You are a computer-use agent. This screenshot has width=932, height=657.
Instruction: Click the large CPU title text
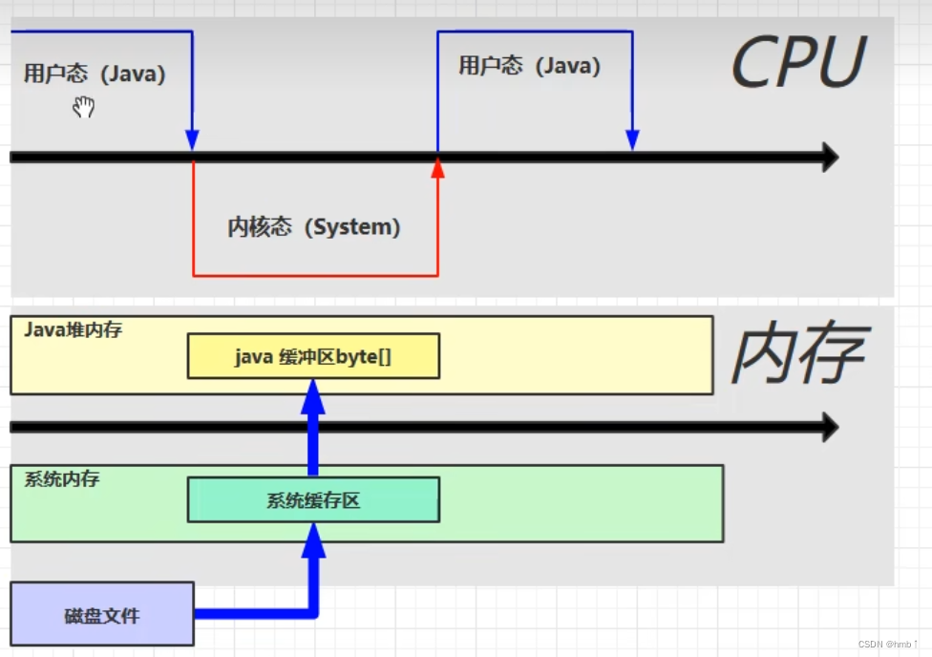pyautogui.click(x=797, y=63)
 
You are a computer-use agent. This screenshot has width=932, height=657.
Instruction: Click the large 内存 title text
pyautogui.click(x=798, y=354)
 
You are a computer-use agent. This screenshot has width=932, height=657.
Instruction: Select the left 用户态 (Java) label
pyautogui.click(x=95, y=74)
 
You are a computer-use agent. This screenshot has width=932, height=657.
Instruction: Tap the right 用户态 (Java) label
pyautogui.click(x=529, y=66)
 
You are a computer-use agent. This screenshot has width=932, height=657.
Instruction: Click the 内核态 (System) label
pyautogui.click(x=313, y=227)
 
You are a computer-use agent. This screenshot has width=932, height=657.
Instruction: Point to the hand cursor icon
pyautogui.click(x=84, y=107)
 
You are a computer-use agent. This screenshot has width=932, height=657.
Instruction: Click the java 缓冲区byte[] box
pyautogui.click(x=313, y=356)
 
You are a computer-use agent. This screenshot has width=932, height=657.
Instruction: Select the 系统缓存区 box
pyautogui.click(x=313, y=500)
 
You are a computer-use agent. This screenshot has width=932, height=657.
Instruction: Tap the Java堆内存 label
pyautogui.click(x=73, y=330)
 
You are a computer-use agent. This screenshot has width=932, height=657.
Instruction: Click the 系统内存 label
pyautogui.click(x=61, y=478)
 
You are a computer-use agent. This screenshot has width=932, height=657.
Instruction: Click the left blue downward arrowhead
pyautogui.click(x=192, y=139)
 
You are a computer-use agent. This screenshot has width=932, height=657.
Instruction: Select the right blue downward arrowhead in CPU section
pyautogui.click(x=631, y=139)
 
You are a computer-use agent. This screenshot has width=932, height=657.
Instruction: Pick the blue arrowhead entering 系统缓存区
pyautogui.click(x=313, y=540)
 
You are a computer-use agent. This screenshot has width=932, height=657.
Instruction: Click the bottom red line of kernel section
pyautogui.click(x=315, y=276)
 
